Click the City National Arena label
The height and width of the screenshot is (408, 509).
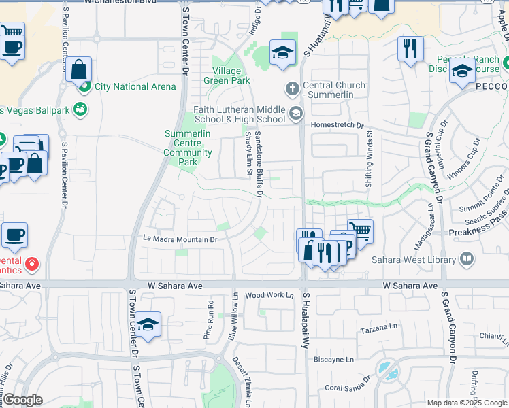click(135, 86)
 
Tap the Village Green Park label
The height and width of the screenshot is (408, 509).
click(227, 75)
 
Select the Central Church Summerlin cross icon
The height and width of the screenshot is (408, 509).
click(292, 88)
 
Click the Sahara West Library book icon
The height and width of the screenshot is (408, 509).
click(467, 258)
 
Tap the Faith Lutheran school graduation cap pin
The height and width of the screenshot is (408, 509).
click(296, 114)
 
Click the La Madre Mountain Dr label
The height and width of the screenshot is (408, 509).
click(180, 239)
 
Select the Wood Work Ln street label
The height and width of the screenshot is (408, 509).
click(269, 295)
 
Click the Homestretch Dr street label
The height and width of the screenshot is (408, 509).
click(338, 125)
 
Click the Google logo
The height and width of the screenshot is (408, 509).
click(22, 400)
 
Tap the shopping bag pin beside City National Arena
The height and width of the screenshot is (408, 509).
click(79, 69)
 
